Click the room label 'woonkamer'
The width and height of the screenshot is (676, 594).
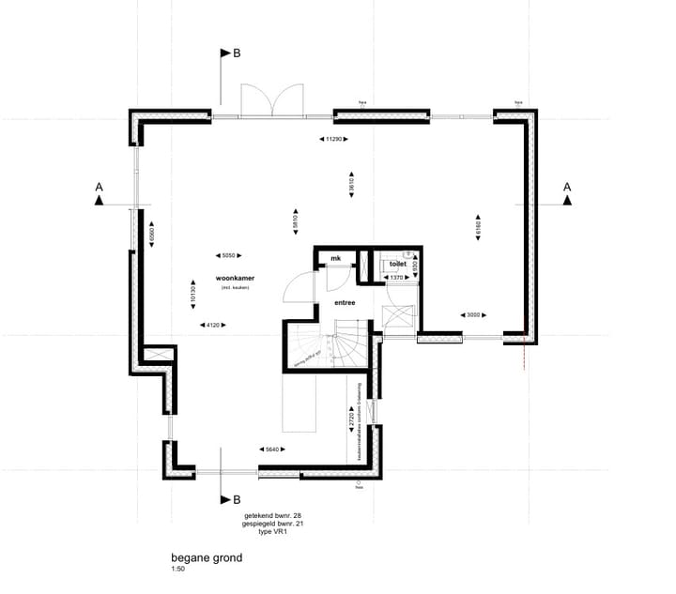tap(236, 279)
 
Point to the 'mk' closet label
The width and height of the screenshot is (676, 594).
tap(335, 259)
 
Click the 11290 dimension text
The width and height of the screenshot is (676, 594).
tap(332, 139)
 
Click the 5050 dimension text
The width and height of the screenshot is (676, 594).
tap(227, 254)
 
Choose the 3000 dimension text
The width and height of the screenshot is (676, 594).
tap(472, 315)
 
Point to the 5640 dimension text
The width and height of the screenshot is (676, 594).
tap(271, 449)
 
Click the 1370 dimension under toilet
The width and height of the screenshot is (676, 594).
tap(396, 278)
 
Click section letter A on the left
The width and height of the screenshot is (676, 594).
tap(99, 188)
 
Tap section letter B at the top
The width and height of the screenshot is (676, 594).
tap(237, 54)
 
